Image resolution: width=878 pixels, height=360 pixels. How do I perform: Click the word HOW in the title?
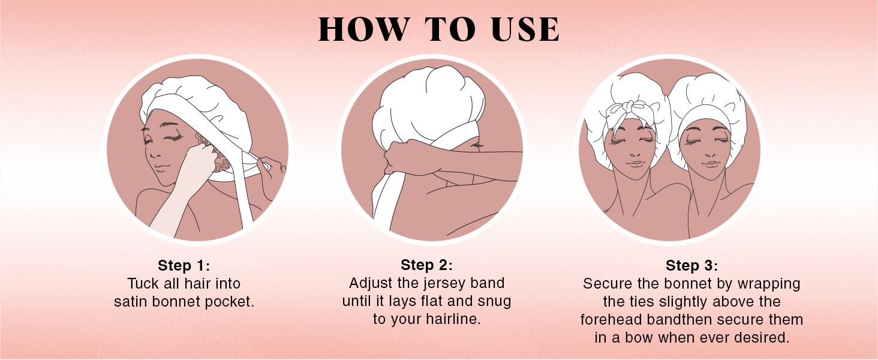[x=363, y=29]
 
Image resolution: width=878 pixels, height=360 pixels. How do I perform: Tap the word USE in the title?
[x=525, y=29]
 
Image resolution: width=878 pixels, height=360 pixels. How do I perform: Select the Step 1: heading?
[x=184, y=265]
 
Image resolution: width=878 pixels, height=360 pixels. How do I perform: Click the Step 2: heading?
[x=426, y=265]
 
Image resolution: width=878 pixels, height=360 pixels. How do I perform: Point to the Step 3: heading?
[x=692, y=265]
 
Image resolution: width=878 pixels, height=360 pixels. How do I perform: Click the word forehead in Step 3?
[x=612, y=319]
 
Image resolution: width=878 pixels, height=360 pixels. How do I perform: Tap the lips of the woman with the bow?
[x=635, y=164]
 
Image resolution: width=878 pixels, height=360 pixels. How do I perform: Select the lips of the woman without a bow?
[x=711, y=164]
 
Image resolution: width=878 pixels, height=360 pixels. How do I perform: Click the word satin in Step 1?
[x=131, y=302]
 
